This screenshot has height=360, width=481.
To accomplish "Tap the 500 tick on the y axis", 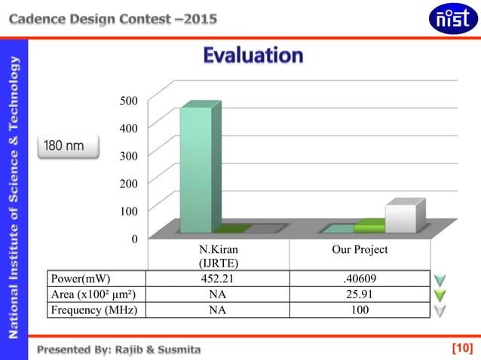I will pos(129,100).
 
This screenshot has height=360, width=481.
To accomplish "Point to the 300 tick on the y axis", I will pos(129,155).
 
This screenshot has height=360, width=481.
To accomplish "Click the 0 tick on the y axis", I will pos(134,239).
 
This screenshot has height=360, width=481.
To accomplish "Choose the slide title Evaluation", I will pos(253,56).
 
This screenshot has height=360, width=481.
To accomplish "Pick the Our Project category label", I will pos(360,249).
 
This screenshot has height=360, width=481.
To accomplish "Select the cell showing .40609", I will pos(360,280).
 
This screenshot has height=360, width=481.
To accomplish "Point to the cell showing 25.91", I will pos(360,294).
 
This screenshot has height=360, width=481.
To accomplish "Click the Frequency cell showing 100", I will pos(360,309).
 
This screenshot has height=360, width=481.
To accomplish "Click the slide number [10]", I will pos(461,348).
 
